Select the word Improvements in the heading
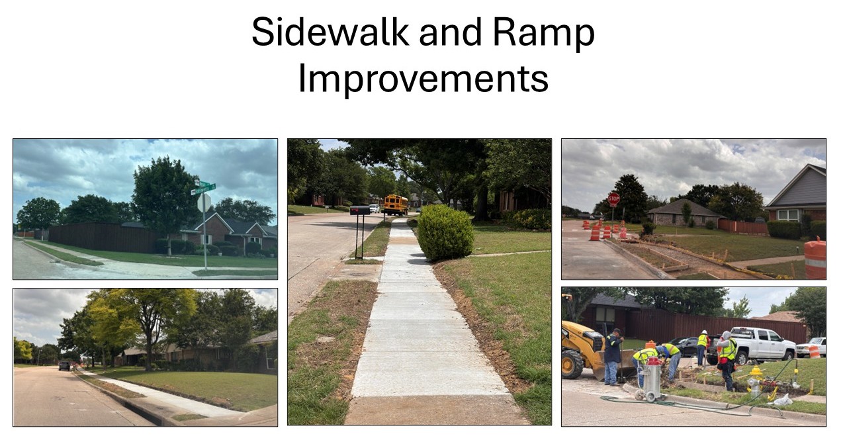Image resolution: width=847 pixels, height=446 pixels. (x=423, y=79)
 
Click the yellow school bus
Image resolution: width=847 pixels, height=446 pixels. (x=396, y=204)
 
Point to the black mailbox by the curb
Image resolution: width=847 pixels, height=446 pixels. (x=359, y=210)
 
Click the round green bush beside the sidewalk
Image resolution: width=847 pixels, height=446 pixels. (x=445, y=232)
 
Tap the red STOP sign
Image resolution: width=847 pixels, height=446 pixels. (x=613, y=199)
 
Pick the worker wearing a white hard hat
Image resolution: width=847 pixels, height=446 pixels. (x=702, y=347)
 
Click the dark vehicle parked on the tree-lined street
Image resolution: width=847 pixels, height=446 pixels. (x=65, y=365)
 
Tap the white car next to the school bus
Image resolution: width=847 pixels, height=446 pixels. (x=374, y=208)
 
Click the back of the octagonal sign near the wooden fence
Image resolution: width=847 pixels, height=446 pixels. (x=204, y=203)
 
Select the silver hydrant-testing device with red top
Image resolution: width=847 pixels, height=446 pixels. (x=652, y=379)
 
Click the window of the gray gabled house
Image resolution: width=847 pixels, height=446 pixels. (x=787, y=214)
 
